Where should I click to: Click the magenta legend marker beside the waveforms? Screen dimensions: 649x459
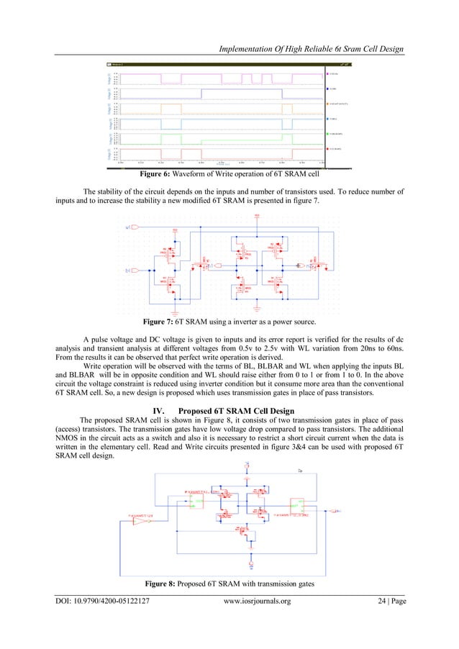point(329,74)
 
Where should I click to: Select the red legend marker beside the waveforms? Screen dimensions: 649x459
point(329,149)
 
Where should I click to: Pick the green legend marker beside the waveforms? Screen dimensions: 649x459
point(329,134)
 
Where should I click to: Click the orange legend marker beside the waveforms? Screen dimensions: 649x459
point(329,104)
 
